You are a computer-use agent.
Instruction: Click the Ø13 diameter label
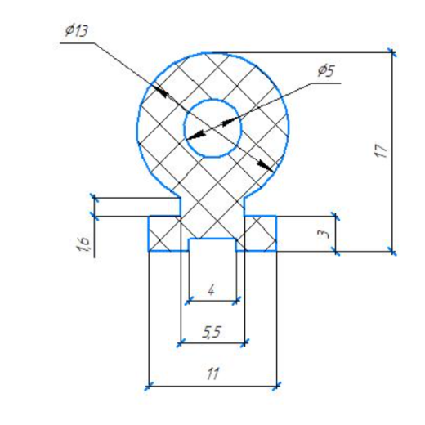tap(77, 30)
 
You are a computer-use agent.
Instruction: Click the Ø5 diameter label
tap(326, 71)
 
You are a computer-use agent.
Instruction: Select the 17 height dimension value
tap(381, 150)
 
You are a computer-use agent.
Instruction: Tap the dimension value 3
tap(324, 234)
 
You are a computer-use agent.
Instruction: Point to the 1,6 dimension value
tap(83, 244)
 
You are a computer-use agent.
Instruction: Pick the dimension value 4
tap(212, 290)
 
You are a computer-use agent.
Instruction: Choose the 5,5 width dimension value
tap(212, 333)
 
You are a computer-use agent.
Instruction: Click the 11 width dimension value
tap(212, 374)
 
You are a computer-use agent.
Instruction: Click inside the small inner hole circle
tap(212, 128)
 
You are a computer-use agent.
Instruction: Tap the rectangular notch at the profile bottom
tap(212, 244)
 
